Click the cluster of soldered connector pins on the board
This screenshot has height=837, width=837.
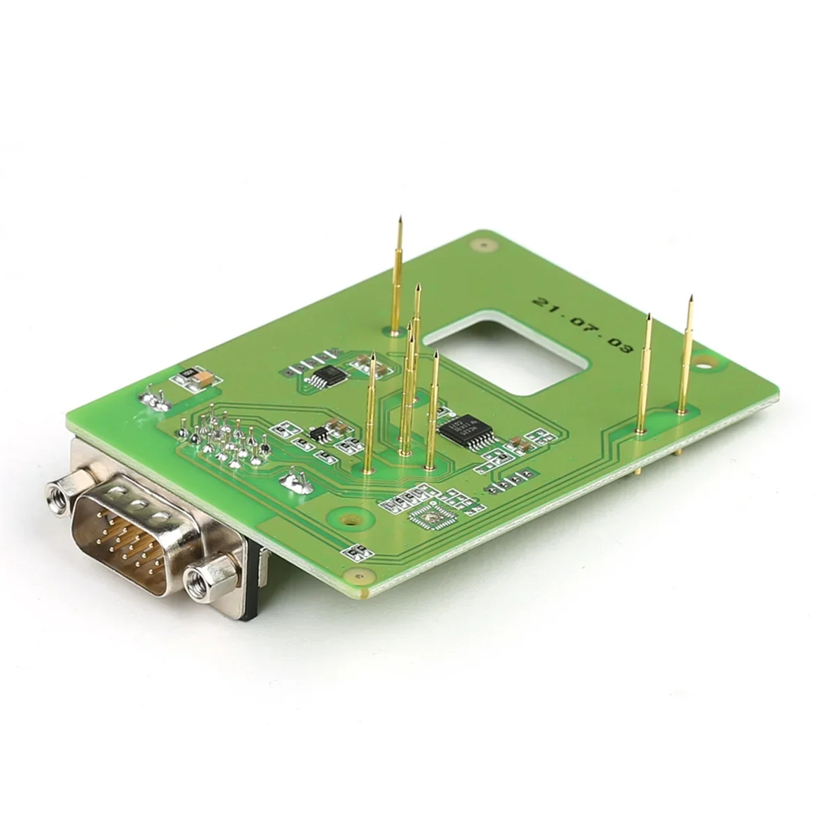point(223,439)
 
